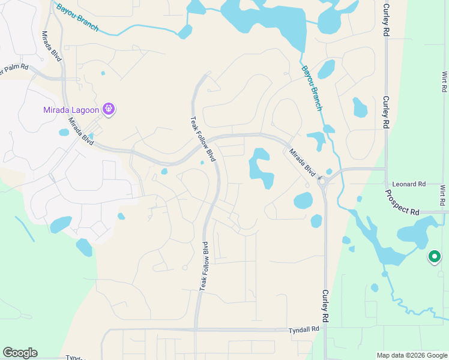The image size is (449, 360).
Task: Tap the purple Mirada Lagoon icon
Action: [109, 109]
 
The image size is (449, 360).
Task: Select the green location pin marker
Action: [434, 257]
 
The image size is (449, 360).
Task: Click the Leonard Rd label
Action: [409, 184]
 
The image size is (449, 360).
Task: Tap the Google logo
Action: [20, 353]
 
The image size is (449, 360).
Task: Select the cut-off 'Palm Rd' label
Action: [14, 68]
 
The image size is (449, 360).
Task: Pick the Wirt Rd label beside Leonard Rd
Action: [442, 196]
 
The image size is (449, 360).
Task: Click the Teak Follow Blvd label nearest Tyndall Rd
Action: [203, 266]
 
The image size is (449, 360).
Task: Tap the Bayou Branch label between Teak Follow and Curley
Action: [312, 88]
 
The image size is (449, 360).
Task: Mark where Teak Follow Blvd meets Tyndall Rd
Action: [196, 329]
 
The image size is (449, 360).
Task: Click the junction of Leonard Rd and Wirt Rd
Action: [442, 184]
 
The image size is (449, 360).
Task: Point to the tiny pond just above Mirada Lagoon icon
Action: [103, 73]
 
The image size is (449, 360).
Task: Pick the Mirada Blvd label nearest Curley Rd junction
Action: [302, 162]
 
